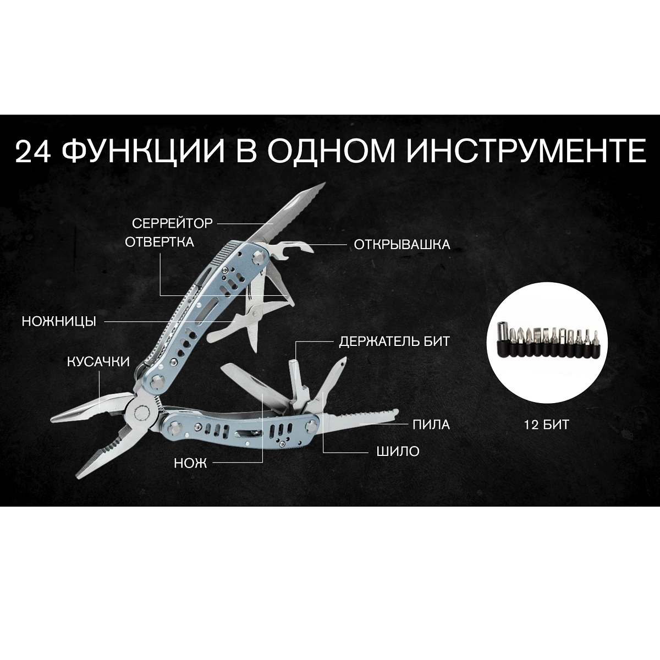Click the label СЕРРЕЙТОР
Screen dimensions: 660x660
click(x=172, y=223)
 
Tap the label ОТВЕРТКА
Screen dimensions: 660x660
click(x=159, y=242)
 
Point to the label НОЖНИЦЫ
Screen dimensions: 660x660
click(x=59, y=321)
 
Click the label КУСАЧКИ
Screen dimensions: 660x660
click(x=98, y=362)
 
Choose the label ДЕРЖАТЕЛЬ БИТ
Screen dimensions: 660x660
click(x=394, y=342)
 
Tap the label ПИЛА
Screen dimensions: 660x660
click(x=431, y=424)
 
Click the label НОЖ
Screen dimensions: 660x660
click(x=190, y=464)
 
